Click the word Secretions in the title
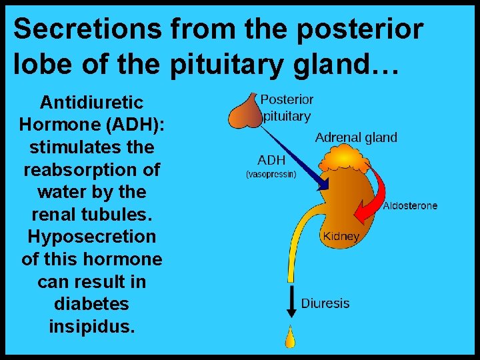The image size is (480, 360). [87, 29]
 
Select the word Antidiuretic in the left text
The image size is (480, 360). [92, 103]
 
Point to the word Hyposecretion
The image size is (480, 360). [92, 237]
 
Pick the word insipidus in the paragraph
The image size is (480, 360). [92, 327]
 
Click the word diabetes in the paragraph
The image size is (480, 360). [92, 304]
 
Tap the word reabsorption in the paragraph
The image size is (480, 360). [92, 169]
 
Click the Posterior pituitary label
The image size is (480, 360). [287, 107]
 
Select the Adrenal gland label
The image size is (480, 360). [356, 138]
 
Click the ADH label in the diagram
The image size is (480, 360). [271, 160]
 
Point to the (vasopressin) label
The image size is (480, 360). [271, 175]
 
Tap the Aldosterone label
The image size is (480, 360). [410, 205]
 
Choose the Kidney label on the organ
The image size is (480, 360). [341, 236]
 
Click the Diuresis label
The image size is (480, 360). [325, 303]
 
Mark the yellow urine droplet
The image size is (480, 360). [290, 338]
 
